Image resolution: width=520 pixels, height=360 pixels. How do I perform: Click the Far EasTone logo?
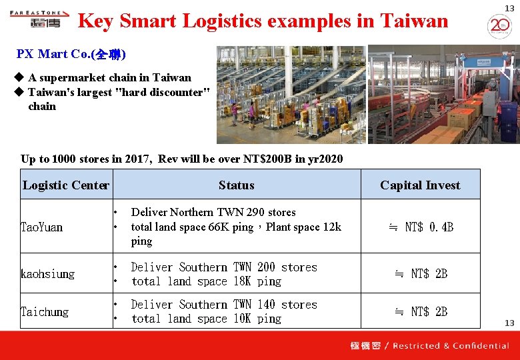click(39, 18)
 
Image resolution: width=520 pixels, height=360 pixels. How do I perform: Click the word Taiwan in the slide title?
click(413, 21)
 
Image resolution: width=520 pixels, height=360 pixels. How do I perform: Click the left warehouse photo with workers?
click(291, 94)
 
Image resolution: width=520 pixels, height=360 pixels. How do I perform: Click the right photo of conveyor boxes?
click(443, 94)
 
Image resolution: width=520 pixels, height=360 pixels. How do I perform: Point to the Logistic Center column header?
click(65, 185)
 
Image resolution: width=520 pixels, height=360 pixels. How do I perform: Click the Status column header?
click(236, 185)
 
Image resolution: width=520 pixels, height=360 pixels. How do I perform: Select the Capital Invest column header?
click(420, 185)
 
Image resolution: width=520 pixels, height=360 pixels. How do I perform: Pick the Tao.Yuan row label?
click(41, 227)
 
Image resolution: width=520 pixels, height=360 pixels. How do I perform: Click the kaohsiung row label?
click(47, 274)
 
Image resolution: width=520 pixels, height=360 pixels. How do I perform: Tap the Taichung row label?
click(44, 311)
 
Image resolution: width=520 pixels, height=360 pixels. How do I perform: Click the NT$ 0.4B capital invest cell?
click(421, 227)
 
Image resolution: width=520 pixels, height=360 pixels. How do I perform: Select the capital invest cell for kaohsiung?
click(421, 274)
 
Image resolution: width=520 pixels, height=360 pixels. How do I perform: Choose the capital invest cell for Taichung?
click(421, 311)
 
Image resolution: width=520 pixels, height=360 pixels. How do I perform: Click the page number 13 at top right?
click(509, 8)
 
